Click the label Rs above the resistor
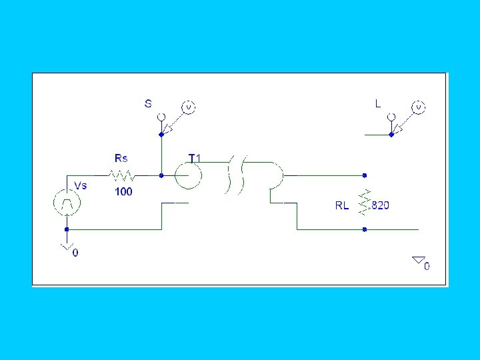[121, 158]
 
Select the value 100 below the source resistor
[123, 191]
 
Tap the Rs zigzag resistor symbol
[123, 176]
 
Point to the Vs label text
[80, 185]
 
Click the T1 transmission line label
[195, 158]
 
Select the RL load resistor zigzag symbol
[364, 203]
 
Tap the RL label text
[342, 205]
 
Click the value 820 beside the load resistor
[380, 205]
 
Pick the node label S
[148, 103]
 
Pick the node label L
[378, 103]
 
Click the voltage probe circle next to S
[189, 107]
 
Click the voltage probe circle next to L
[419, 107]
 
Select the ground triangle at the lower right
[418, 259]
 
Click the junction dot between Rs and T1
[161, 176]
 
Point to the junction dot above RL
[364, 176]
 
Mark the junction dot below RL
[364, 229]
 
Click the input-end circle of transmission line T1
[188, 176]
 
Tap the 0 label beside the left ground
[75, 253]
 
